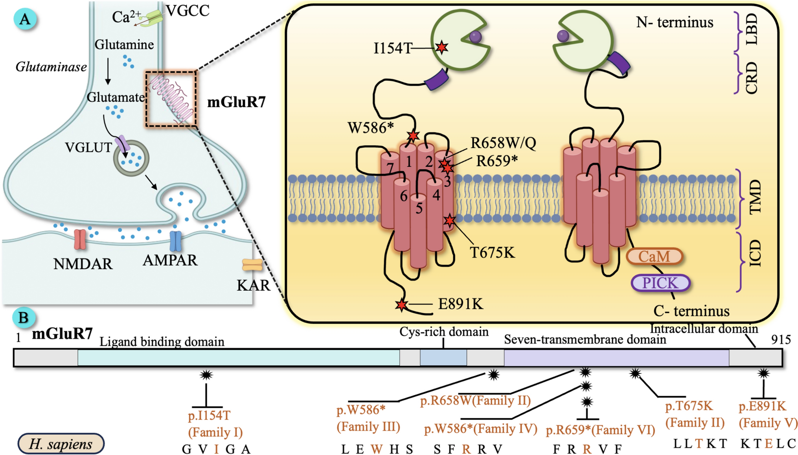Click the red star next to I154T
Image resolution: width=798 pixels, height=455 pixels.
(x=442, y=47)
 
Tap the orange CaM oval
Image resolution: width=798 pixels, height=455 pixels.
(x=654, y=256)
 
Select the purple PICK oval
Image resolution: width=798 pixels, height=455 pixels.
(x=660, y=283)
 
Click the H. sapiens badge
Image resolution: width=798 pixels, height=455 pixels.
(x=61, y=444)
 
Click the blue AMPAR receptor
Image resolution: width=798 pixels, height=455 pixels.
(x=175, y=241)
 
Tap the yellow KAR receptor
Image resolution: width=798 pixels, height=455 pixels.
(x=252, y=265)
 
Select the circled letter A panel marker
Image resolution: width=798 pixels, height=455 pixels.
(x=25, y=19)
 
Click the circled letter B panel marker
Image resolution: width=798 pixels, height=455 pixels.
(x=24, y=317)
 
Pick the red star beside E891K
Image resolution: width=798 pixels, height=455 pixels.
(x=401, y=305)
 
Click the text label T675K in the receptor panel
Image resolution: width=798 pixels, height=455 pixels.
(x=492, y=252)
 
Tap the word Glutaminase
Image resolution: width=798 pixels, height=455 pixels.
(x=51, y=67)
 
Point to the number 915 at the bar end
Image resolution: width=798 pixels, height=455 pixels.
(x=781, y=339)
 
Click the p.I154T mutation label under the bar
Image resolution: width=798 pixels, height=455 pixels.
(x=209, y=415)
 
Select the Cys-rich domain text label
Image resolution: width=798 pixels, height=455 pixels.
(x=444, y=332)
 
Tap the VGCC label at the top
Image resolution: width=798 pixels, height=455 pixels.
(x=188, y=11)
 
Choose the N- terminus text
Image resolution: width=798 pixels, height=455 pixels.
(x=675, y=22)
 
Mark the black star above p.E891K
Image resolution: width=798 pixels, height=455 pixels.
(x=763, y=374)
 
